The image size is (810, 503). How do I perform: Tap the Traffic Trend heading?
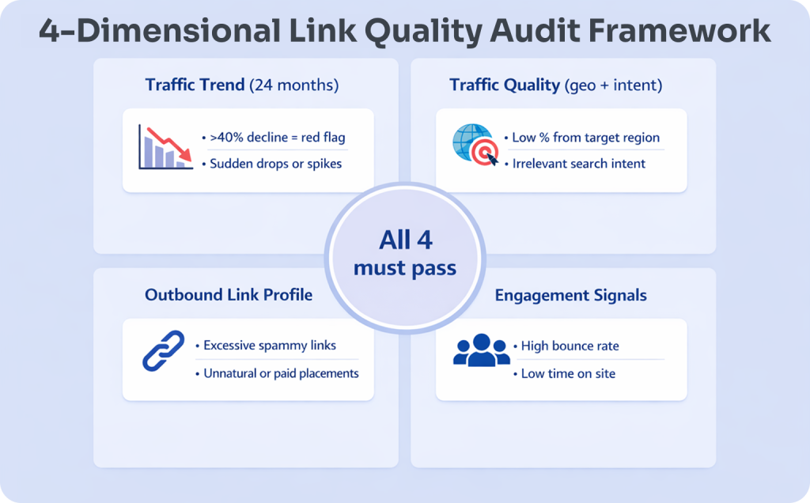[195, 85]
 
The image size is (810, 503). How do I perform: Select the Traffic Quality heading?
[505, 85]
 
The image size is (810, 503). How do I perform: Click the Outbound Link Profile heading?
[229, 295]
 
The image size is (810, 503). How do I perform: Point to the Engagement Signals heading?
[570, 296]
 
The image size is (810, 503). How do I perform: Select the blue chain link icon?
[163, 351]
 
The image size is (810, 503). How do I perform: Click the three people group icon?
[481, 350]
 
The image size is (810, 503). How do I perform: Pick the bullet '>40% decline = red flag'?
[277, 138]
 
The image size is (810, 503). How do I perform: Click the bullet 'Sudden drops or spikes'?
[276, 164]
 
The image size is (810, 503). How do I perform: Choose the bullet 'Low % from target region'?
[585, 138]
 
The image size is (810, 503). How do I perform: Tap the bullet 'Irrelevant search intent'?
[578, 164]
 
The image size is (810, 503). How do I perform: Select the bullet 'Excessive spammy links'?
[269, 346]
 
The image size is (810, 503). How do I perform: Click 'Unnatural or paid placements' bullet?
[280, 373]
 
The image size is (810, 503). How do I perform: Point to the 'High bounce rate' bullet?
[569, 346]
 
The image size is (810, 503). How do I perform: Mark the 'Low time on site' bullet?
[568, 373]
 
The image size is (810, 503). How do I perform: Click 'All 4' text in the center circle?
[404, 239]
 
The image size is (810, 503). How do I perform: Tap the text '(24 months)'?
[293, 85]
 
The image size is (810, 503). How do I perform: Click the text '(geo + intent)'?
[613, 85]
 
